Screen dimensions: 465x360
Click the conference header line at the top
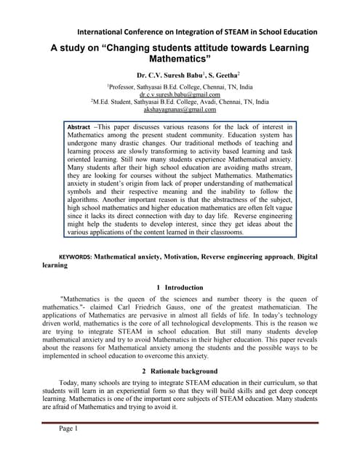pyautogui.click(x=197, y=32)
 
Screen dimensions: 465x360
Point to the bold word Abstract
pyautogui.click(x=78, y=126)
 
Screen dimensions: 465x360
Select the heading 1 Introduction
pyautogui.click(x=180, y=288)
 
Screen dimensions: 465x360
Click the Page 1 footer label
pyautogui.click(x=66, y=429)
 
